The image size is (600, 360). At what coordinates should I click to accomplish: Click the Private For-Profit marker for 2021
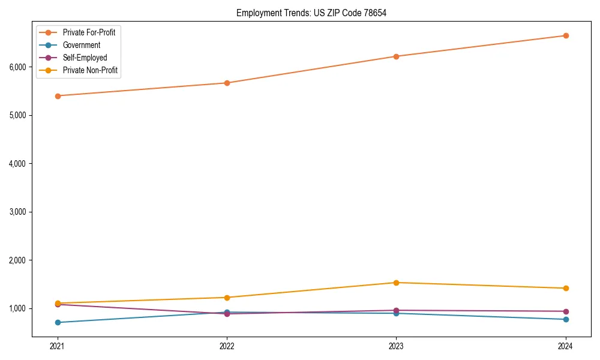[x=58, y=95]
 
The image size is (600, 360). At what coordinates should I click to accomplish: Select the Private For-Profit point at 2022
[x=227, y=83]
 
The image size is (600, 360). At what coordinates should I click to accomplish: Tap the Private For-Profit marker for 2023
[x=396, y=56]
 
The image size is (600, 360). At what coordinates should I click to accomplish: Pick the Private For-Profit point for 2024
[x=566, y=35]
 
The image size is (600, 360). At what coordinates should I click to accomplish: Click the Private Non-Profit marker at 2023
[x=396, y=283]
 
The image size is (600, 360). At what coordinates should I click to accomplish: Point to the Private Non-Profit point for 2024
[x=566, y=288]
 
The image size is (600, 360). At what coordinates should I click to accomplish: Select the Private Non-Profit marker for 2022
[x=227, y=298]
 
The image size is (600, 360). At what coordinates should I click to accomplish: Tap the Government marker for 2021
[x=58, y=322]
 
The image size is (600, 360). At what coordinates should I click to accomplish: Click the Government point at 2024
[x=566, y=319]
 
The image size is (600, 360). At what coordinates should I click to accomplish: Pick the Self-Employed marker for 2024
[x=566, y=311]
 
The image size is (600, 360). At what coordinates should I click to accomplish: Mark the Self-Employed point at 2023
[x=396, y=310]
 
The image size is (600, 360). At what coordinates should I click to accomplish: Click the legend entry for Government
[x=81, y=45]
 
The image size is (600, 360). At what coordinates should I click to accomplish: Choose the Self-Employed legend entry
[x=85, y=58]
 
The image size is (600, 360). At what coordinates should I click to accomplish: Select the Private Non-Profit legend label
[x=90, y=70]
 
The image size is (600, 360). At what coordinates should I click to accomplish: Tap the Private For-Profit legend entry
[x=89, y=32]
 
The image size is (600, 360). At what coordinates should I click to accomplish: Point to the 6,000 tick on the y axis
[x=17, y=67]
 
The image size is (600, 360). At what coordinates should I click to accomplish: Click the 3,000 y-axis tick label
[x=17, y=212]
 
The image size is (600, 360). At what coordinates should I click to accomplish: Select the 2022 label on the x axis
[x=227, y=346]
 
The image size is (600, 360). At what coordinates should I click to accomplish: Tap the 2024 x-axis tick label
[x=566, y=346]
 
